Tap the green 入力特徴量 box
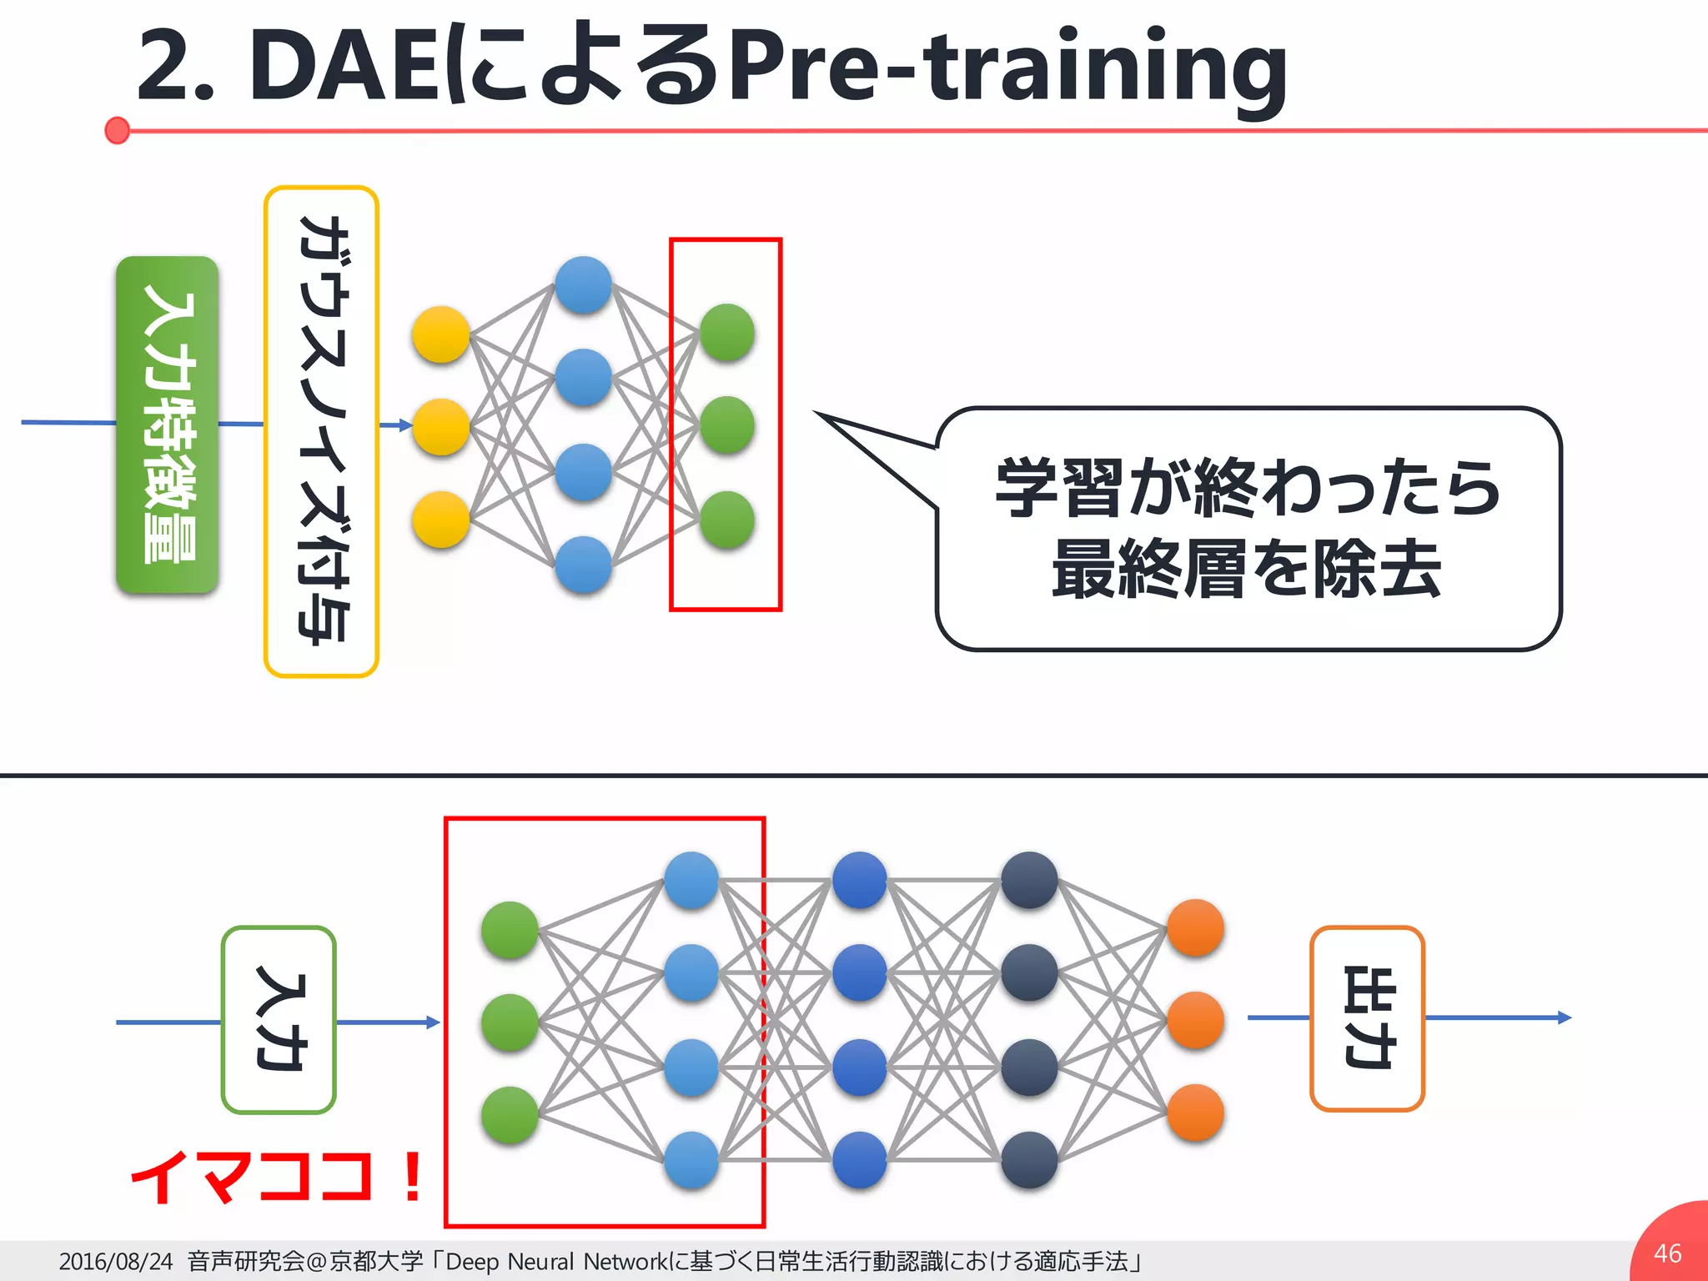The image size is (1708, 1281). (168, 424)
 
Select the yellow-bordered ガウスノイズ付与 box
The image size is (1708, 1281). (322, 431)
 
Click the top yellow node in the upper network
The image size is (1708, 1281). (441, 334)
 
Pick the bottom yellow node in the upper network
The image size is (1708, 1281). (441, 520)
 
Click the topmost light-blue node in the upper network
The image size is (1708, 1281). (584, 285)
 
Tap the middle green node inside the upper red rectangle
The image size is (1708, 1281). (727, 425)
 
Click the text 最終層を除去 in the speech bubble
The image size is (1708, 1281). (1248, 570)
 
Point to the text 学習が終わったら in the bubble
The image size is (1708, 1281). (1248, 488)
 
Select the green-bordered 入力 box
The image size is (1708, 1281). (279, 1020)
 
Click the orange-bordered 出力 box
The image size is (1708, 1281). (1368, 1018)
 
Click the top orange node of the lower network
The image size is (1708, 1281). (1196, 927)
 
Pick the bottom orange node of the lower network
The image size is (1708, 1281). (1196, 1113)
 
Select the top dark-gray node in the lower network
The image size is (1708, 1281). (1030, 880)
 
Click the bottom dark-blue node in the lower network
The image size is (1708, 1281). (860, 1159)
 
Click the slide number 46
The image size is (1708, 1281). (1667, 1253)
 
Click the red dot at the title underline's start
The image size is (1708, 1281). (118, 130)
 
